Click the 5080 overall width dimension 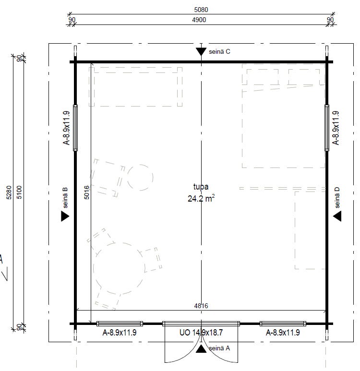click(x=201, y=10)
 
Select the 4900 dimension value click(x=199, y=20)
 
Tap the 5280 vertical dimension click(x=9, y=192)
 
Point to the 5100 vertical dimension click(x=19, y=192)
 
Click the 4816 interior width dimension click(x=201, y=306)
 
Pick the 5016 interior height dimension click(x=87, y=192)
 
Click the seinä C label click(x=219, y=51)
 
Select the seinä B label click(x=65, y=198)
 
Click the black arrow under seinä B click(x=65, y=216)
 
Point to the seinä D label click(x=337, y=198)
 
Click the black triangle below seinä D click(x=337, y=216)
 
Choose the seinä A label click(x=219, y=348)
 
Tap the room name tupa click(x=201, y=187)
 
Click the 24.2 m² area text click(x=201, y=198)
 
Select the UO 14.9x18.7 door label click(x=201, y=333)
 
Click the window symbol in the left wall click(x=75, y=128)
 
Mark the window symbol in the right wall click(x=327, y=128)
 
